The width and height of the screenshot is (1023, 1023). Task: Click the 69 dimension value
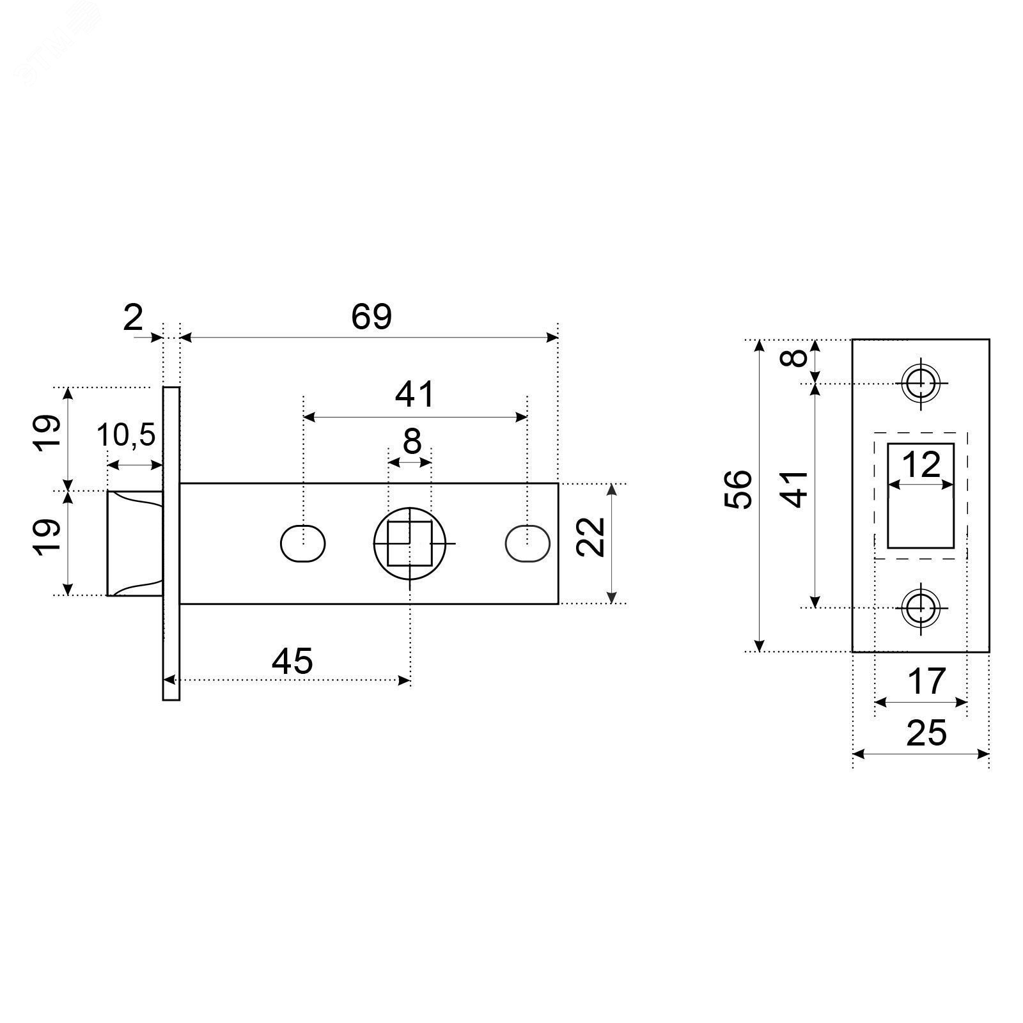[371, 316]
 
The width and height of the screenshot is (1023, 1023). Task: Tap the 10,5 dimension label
[126, 436]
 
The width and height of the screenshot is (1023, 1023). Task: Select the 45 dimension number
[292, 660]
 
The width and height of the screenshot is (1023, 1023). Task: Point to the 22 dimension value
[591, 537]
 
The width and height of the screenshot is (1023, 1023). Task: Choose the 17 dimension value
[926, 681]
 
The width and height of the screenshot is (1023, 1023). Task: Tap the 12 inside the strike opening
[921, 465]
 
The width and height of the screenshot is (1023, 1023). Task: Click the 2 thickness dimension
[133, 318]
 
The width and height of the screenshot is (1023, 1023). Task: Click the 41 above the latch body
[415, 394]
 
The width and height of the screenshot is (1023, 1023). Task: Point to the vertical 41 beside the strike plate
[795, 489]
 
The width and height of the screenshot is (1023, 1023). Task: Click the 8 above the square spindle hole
[412, 441]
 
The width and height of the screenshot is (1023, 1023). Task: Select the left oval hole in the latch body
[303, 543]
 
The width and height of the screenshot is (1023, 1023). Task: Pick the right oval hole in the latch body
[527, 543]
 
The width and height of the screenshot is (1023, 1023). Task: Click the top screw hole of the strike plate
[921, 384]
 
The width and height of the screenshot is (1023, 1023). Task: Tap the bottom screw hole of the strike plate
[921, 607]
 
